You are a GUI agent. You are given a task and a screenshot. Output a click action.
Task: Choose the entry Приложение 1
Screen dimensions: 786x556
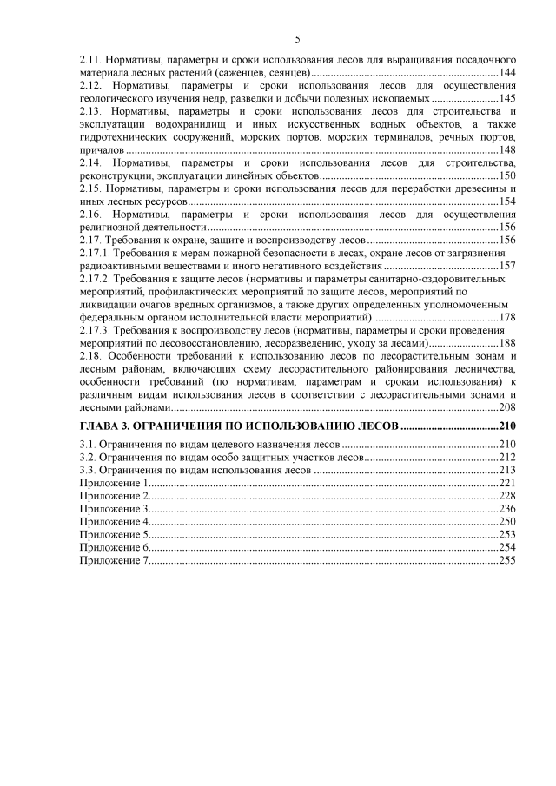pyautogui.click(x=114, y=483)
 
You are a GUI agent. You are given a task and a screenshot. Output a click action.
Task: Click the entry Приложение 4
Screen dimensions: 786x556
pyautogui.click(x=114, y=521)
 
